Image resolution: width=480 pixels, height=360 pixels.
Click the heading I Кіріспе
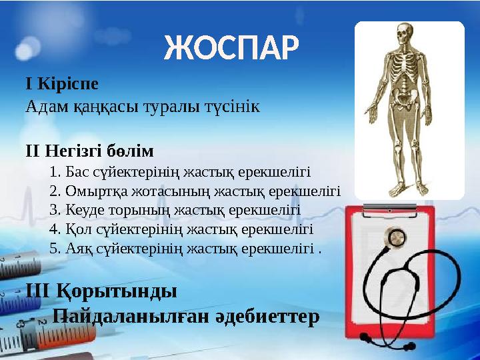coord(61,85)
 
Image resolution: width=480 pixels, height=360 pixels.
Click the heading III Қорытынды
coord(101,291)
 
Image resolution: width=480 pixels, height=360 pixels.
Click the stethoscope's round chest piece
coord(397,237)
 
